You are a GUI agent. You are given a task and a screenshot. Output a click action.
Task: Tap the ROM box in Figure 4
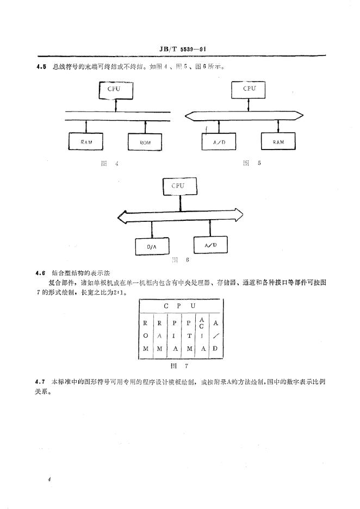(145, 142)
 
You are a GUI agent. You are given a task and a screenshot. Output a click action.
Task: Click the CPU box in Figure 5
(249, 89)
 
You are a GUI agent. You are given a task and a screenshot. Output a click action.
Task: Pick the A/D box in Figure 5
(213, 142)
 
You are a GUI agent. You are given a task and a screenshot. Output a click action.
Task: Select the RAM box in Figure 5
(278, 142)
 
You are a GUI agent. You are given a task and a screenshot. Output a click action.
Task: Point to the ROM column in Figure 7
(145, 337)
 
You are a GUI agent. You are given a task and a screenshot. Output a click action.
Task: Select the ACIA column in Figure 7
(202, 337)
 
